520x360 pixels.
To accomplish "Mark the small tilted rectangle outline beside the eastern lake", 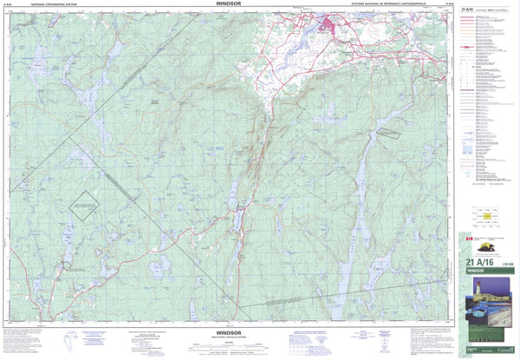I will click(390, 134).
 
